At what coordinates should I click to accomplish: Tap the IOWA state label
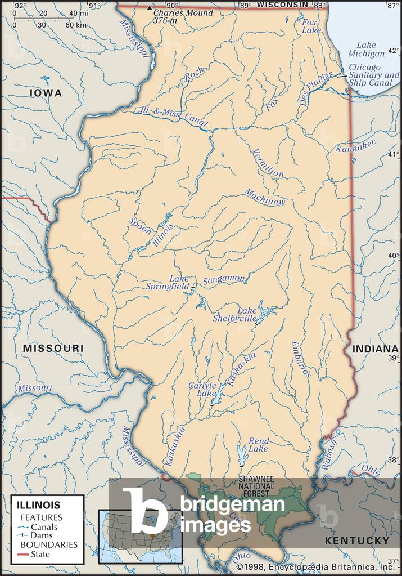(46, 93)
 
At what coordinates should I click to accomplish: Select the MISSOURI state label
(53, 349)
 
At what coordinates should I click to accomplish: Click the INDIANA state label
(376, 349)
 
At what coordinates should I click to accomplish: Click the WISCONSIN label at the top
(282, 5)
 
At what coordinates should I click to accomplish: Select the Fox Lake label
(310, 26)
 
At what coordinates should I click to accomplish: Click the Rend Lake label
(258, 445)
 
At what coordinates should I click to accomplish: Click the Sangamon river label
(224, 279)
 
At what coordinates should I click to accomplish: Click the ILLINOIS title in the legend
(38, 505)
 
